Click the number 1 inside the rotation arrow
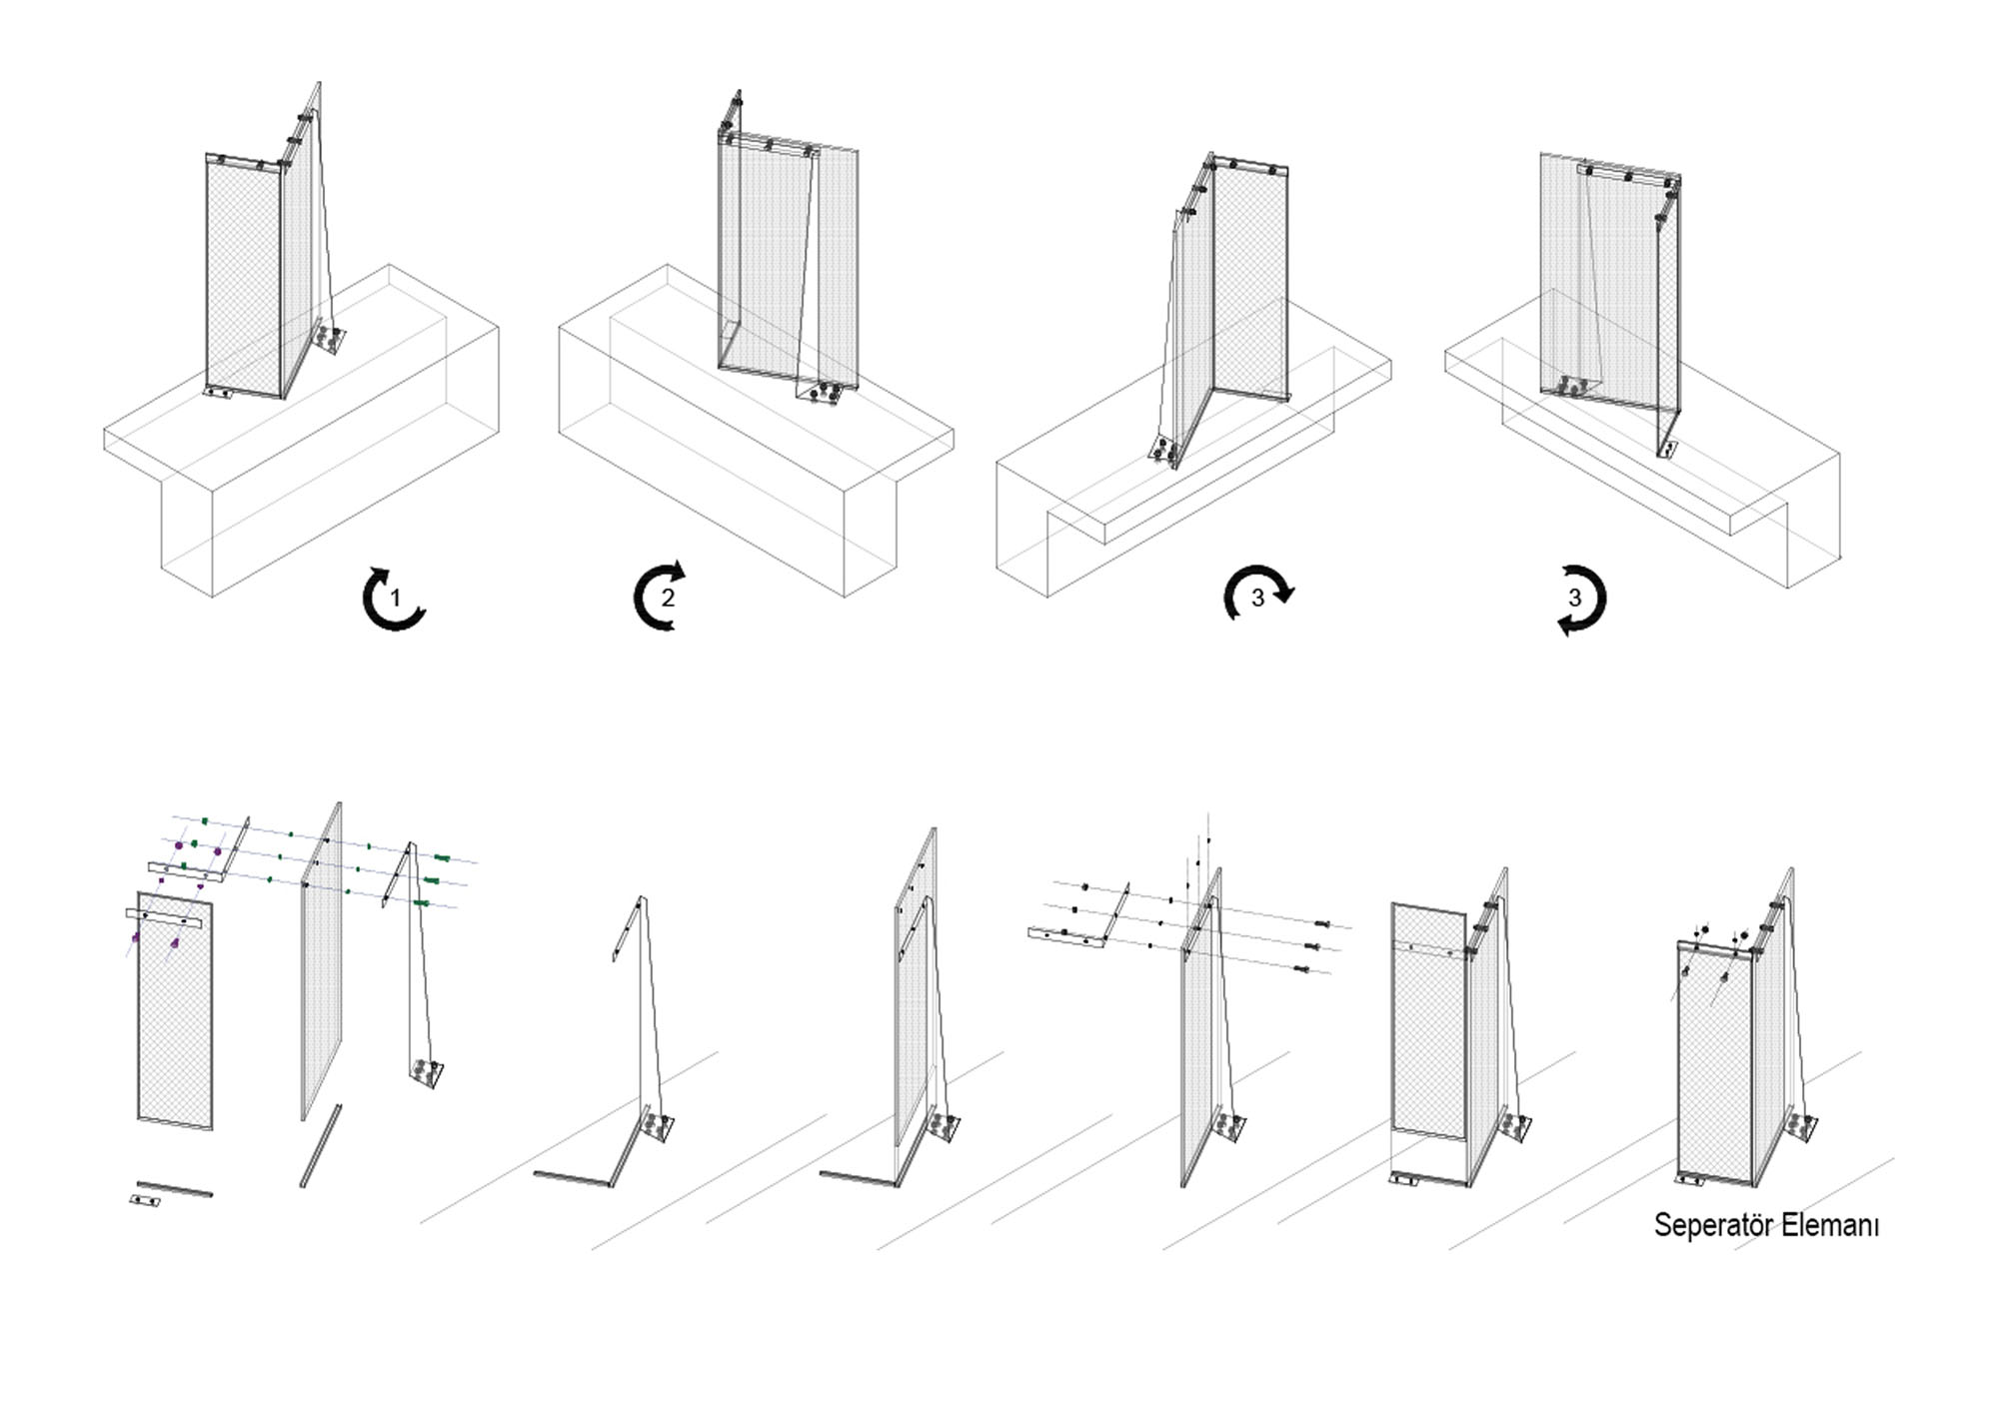395,599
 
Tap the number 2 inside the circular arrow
668,599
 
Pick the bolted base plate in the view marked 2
822,393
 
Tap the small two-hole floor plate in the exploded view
147,1199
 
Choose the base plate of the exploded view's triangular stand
427,1075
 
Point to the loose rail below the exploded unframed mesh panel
321,1146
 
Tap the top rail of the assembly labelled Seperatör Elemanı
1717,947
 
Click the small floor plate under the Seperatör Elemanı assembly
1691,1180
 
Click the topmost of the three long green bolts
442,858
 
